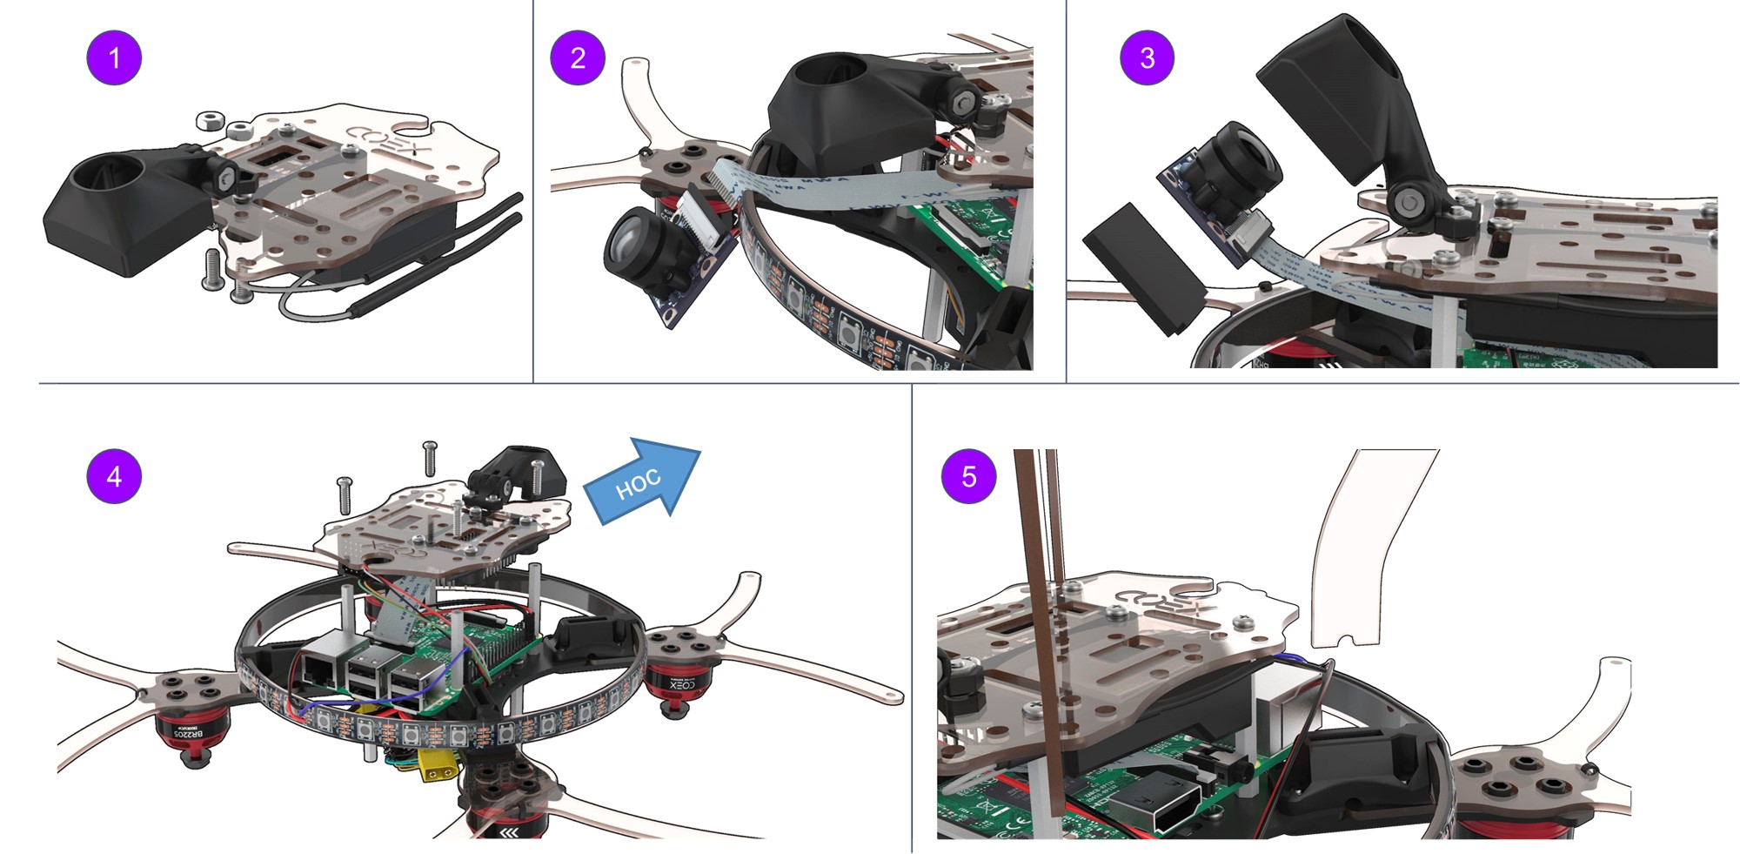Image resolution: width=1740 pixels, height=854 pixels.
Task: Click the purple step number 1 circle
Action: [x=114, y=57]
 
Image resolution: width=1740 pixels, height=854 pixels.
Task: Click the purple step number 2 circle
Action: [x=578, y=57]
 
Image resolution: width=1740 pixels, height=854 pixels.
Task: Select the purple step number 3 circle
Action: [x=1147, y=57]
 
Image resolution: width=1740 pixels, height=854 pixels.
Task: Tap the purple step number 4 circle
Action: [x=114, y=476]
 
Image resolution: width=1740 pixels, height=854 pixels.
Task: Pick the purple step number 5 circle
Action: [x=968, y=476]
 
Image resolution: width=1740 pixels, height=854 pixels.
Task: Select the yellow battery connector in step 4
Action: [x=438, y=766]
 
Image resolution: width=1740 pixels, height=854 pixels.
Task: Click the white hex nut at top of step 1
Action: [x=211, y=119]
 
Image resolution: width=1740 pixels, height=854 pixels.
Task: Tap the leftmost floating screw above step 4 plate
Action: [x=345, y=494]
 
